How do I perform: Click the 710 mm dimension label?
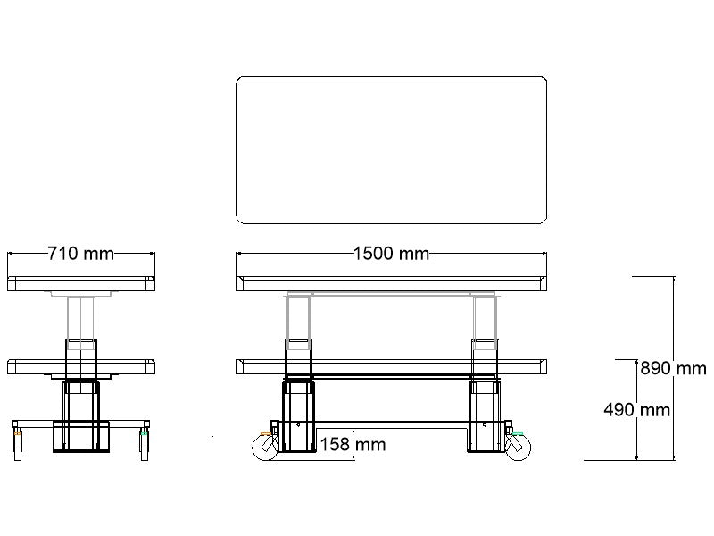(x=80, y=254)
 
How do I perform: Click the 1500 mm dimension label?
(x=391, y=254)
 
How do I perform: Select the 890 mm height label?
(x=672, y=368)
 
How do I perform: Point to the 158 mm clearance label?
(x=353, y=444)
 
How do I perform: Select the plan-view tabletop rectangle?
(x=391, y=149)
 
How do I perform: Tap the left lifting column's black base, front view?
(x=298, y=416)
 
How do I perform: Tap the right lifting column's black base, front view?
(x=483, y=416)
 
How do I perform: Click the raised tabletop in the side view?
(x=80, y=284)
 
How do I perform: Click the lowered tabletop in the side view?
(x=80, y=365)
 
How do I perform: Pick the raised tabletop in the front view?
(x=391, y=284)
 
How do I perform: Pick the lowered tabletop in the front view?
(x=391, y=365)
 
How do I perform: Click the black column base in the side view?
(x=80, y=415)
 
